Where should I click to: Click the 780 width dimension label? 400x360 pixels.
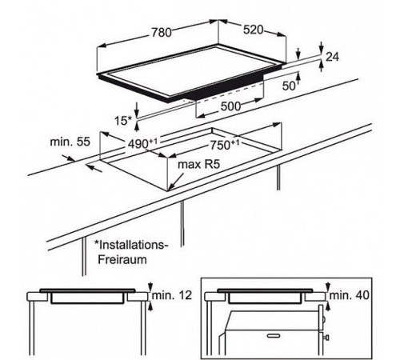[x=162, y=33]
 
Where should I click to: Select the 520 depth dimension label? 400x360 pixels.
[x=254, y=30]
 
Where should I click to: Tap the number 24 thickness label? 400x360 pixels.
[x=332, y=57]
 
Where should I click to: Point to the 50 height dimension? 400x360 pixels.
[x=289, y=86]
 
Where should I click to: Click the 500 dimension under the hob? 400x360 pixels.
[x=230, y=106]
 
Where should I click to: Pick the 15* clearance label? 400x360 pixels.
[x=123, y=121]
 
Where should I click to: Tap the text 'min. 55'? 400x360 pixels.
[x=70, y=142]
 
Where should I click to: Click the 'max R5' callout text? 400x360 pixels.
[x=199, y=165]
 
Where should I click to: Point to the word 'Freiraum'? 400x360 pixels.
[x=122, y=259]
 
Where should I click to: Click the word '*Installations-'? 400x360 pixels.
[x=132, y=245]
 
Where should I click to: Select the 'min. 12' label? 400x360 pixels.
[x=172, y=295]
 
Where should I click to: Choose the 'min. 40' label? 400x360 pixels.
[x=350, y=295]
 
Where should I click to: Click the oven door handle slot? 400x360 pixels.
[x=274, y=335]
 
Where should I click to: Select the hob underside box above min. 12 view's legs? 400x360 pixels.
[x=87, y=298]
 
